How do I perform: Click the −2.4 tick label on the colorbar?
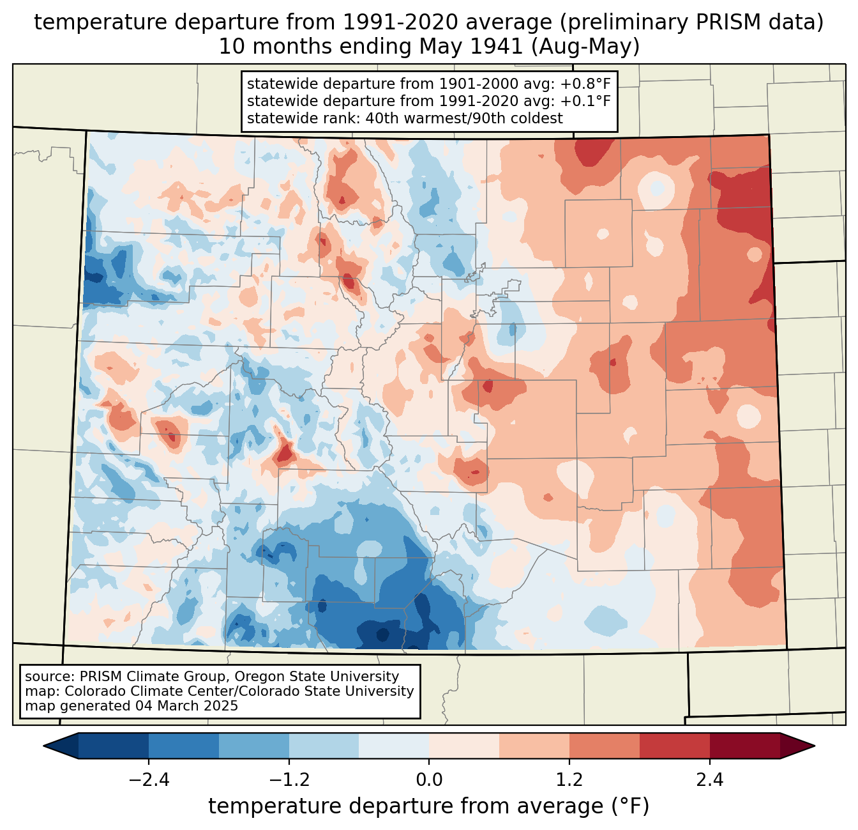click(149, 780)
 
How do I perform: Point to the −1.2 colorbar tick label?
click(289, 780)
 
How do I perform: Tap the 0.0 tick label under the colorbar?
click(429, 780)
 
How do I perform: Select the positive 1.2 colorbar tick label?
click(569, 780)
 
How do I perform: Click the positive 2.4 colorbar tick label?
click(710, 780)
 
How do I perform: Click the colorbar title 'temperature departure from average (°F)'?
click(429, 806)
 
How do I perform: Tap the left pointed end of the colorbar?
click(44, 746)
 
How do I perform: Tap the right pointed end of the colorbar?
click(814, 746)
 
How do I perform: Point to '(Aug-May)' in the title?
click(585, 47)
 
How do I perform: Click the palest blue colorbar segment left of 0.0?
click(394, 746)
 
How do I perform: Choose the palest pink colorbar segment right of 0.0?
click(464, 746)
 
